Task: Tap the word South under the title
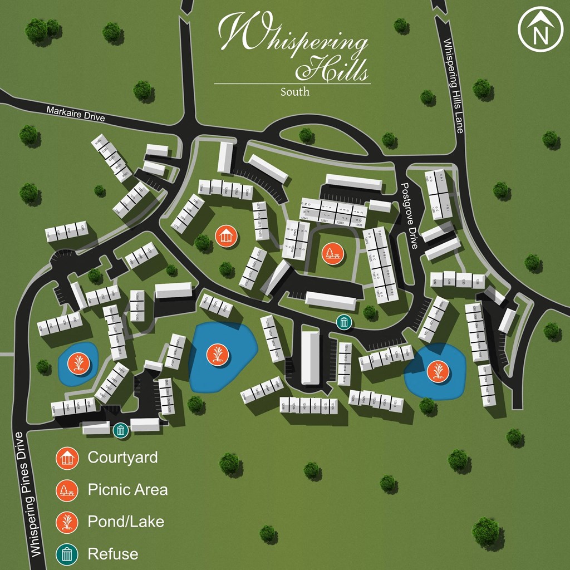[x=295, y=91]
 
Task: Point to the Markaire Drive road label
[x=75, y=113]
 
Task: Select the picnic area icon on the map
[x=332, y=255]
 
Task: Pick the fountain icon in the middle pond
[x=217, y=355]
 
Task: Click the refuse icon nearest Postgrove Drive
[x=344, y=321]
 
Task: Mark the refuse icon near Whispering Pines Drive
[x=120, y=430]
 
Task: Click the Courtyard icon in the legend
[x=67, y=458]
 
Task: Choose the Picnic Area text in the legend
[x=127, y=490]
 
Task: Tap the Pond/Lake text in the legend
[x=126, y=522]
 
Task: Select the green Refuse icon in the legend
[x=67, y=554]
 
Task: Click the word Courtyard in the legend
[x=122, y=458]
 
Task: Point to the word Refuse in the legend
[x=113, y=554]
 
